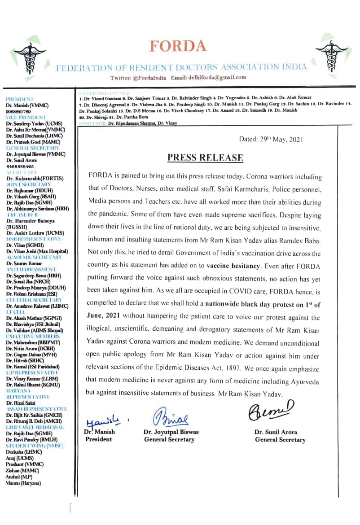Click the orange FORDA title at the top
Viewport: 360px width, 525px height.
pos(178,46)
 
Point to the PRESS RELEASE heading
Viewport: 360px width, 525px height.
pos(205,157)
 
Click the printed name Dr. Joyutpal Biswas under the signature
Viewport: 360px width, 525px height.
pos(171,432)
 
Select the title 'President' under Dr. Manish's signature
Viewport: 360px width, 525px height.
pos(98,439)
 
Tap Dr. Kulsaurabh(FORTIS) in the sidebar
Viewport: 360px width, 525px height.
pos(35,178)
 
